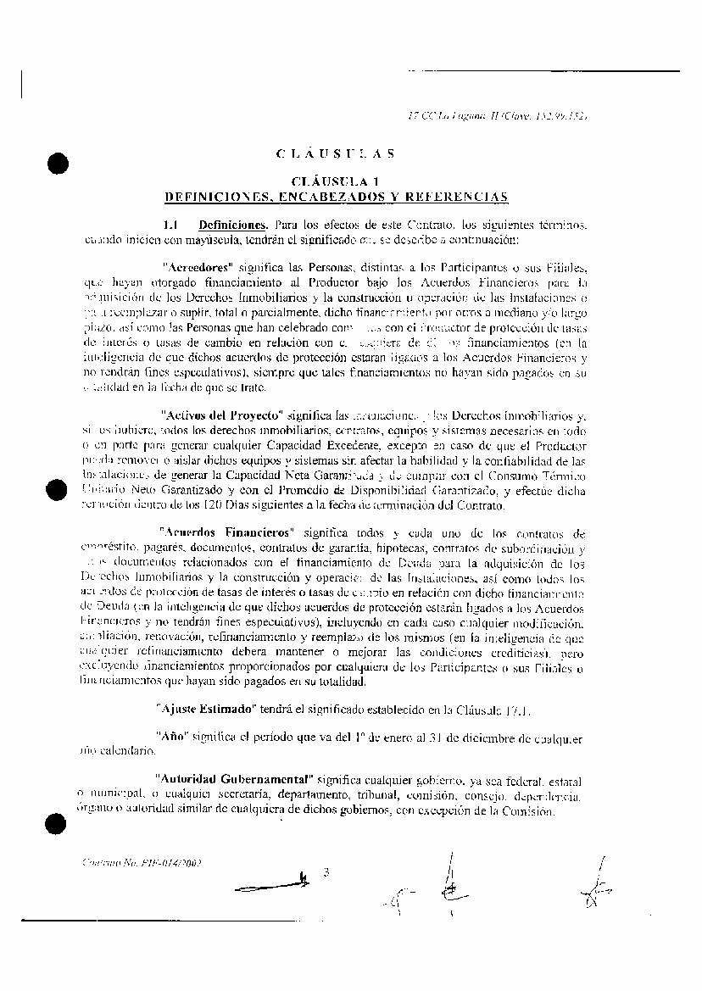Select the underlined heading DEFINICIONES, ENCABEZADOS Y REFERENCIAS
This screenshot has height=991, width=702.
click(x=336, y=197)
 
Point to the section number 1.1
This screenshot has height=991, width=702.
click(x=170, y=225)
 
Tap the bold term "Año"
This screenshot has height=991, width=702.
click(x=171, y=736)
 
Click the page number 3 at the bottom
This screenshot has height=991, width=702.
click(x=325, y=871)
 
